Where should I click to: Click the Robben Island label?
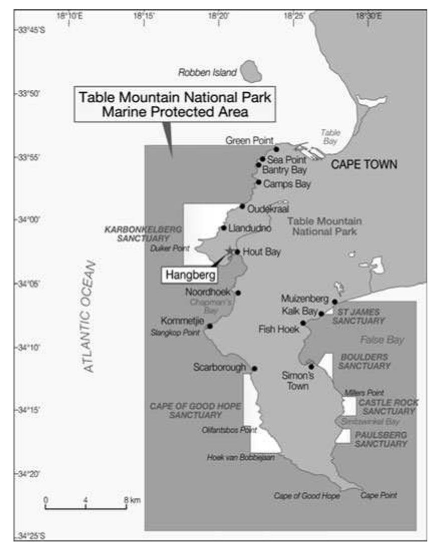[x=207, y=73]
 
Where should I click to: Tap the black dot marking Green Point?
[x=276, y=149]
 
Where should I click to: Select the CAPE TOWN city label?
[x=364, y=164]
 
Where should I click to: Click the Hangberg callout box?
[x=184, y=275]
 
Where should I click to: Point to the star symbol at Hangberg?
[x=230, y=250]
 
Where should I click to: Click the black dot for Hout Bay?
[x=238, y=252]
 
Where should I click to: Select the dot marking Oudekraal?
[x=243, y=206]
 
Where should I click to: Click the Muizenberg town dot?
[x=335, y=301]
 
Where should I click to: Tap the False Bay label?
[x=382, y=340]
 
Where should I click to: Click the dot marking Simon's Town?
[x=311, y=367]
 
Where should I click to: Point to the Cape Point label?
[x=379, y=495]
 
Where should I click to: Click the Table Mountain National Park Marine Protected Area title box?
[x=175, y=104]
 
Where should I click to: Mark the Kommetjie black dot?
[x=210, y=326]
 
